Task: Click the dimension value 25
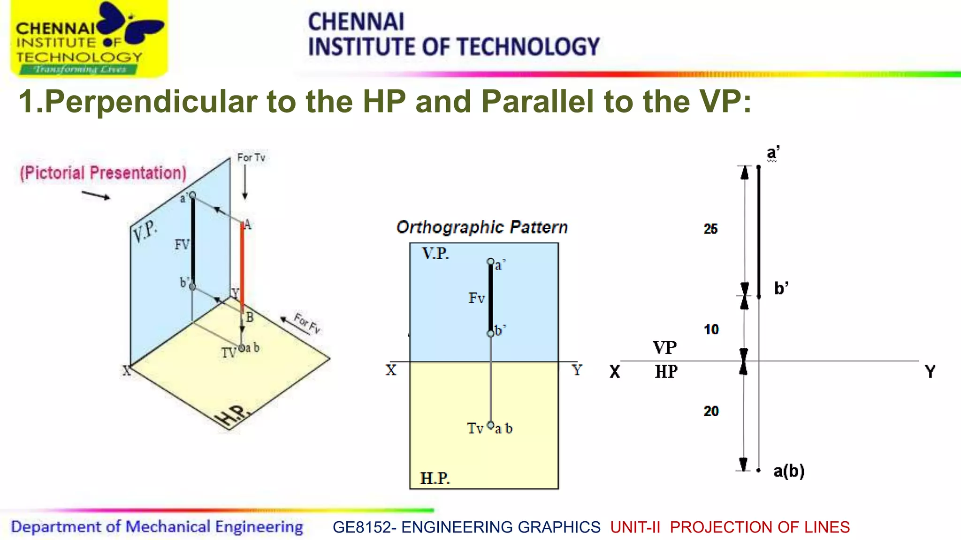tap(710, 229)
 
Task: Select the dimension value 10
tap(711, 330)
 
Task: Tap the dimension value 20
tap(711, 411)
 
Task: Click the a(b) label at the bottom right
tap(789, 471)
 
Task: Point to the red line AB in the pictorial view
tap(242, 267)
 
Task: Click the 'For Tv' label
tap(251, 157)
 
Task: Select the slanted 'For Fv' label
tap(307, 323)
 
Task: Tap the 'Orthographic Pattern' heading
tap(482, 227)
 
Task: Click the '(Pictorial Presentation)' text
tap(103, 173)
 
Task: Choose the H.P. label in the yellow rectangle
tap(435, 478)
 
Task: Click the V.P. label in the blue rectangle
tap(435, 254)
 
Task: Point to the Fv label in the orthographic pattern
tap(476, 298)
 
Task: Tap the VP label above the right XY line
tap(664, 347)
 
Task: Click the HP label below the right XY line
tap(666, 372)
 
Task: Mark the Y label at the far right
tap(930, 372)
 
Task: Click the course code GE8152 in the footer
tap(361, 527)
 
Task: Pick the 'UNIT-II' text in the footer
tap(635, 527)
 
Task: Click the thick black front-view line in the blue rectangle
tap(491, 298)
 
